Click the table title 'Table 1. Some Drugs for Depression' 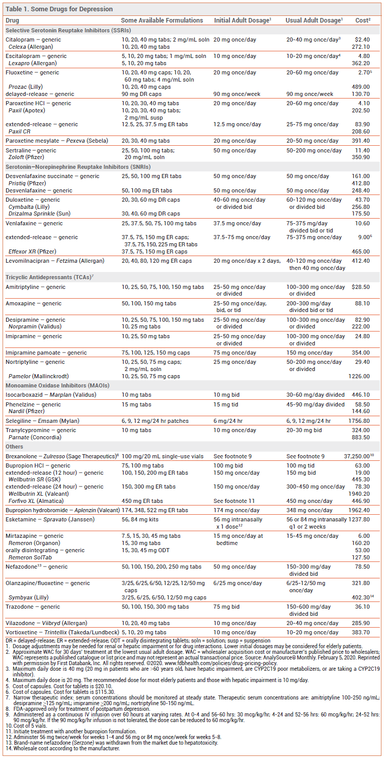tap(59, 9)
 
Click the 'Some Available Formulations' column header tap(162, 21)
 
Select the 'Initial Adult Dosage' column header tap(241, 21)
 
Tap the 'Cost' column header tap(362, 21)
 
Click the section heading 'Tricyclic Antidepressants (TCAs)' tap(49, 277)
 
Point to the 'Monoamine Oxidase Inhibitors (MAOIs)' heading tap(57, 385)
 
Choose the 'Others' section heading tap(15, 446)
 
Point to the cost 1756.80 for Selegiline tap(359, 421)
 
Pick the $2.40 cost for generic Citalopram tap(362, 40)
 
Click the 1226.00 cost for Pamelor tap(359, 376)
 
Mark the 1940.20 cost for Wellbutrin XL tap(359, 493)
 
